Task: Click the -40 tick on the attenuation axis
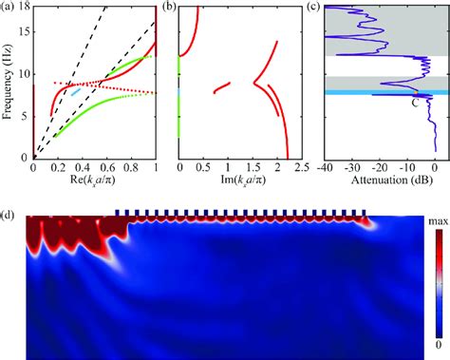(x=325, y=168)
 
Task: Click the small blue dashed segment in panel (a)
(x=76, y=92)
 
